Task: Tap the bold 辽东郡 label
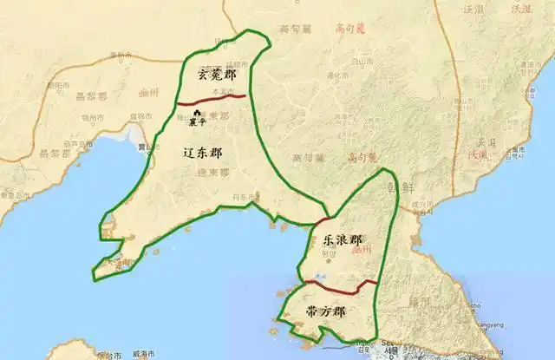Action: tap(204, 153)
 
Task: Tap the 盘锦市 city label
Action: tap(135, 114)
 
